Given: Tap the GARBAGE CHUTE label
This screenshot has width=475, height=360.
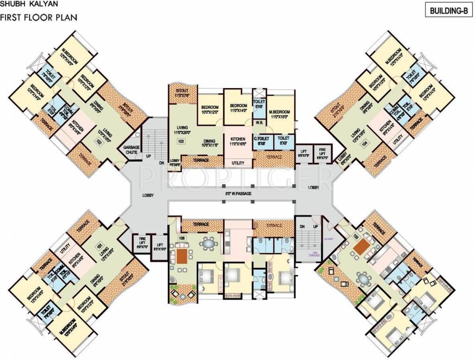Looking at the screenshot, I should click(132, 149).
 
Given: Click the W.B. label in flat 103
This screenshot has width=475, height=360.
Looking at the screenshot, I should click(259, 123).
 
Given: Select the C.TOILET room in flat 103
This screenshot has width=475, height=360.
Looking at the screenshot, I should click(261, 142).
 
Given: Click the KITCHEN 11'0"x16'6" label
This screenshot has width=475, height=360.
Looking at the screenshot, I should click(238, 142).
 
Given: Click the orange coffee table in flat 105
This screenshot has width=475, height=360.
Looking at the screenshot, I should click(361, 247).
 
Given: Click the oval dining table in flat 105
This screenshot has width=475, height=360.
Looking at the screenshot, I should click(364, 279).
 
